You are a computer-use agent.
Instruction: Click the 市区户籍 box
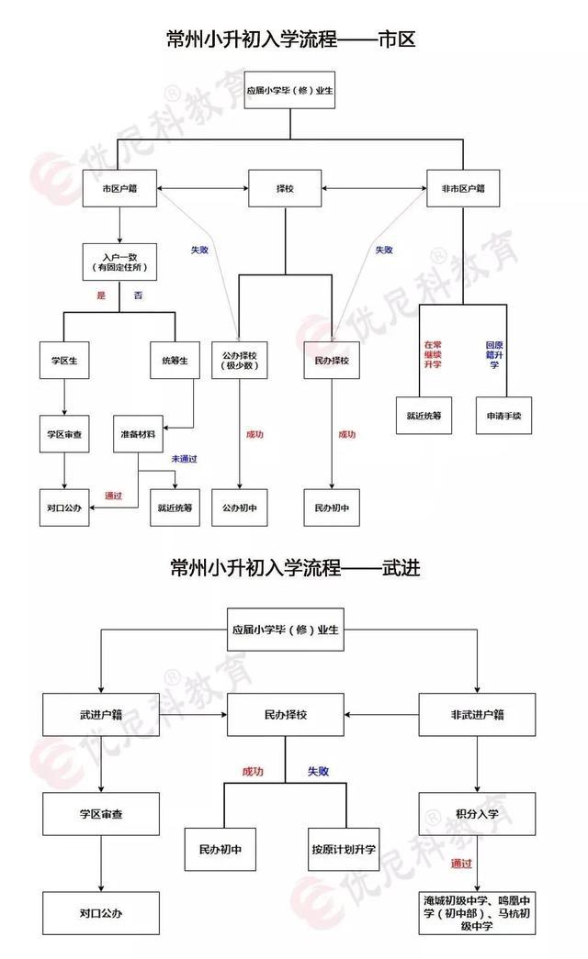(x=119, y=189)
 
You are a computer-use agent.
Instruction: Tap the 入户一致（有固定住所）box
(x=119, y=262)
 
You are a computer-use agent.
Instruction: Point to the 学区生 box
(x=64, y=361)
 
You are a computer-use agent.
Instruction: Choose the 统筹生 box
(x=175, y=361)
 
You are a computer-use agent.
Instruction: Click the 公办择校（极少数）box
(x=239, y=361)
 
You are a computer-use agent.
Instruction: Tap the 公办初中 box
(x=239, y=507)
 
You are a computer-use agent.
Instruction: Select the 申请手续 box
(x=504, y=416)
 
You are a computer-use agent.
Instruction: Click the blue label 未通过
(x=185, y=459)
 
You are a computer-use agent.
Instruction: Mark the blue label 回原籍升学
(x=493, y=355)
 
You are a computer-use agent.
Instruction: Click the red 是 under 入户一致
(x=101, y=296)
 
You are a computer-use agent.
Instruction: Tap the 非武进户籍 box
(x=478, y=714)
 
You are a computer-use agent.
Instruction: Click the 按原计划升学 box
(x=344, y=850)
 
